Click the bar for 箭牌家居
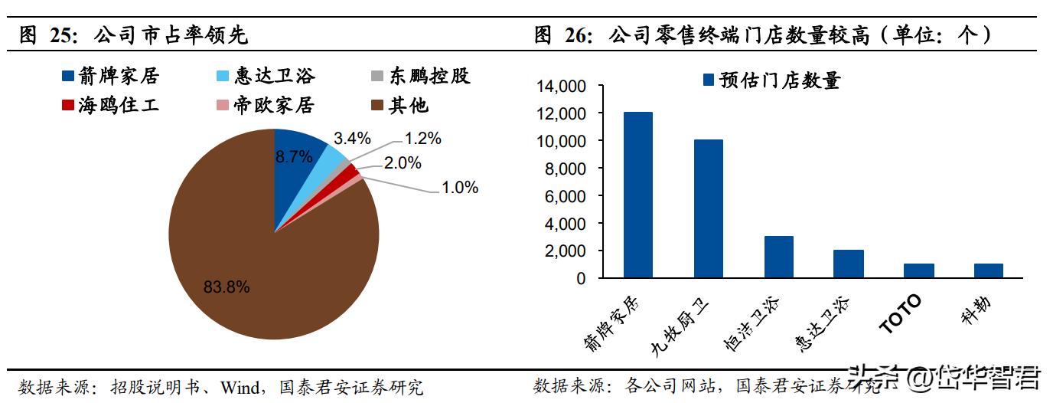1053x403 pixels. pyautogui.click(x=637, y=195)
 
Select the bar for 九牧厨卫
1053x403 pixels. pyautogui.click(x=708, y=208)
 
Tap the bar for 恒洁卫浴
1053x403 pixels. pyautogui.click(x=778, y=257)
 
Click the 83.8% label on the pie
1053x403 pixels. pyautogui.click(x=227, y=287)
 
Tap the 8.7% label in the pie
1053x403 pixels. pyautogui.click(x=294, y=156)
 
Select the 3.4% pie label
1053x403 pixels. pyautogui.click(x=352, y=138)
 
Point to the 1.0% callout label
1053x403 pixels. pyautogui.click(x=459, y=187)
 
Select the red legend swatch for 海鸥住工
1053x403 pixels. pyautogui.click(x=67, y=105)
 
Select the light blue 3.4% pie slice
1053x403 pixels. pyautogui.click(x=335, y=158)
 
